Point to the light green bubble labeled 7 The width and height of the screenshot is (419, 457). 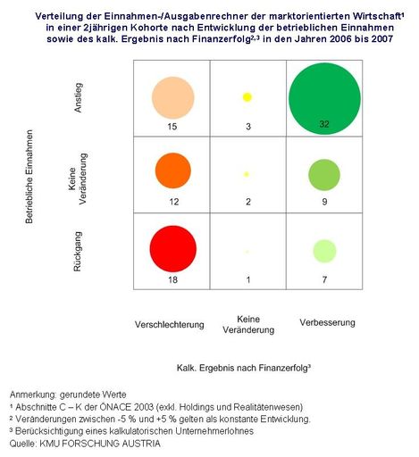point(324,252)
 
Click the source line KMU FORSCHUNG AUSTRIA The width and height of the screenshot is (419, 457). point(86,443)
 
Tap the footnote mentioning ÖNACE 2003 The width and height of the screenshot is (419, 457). point(151,406)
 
